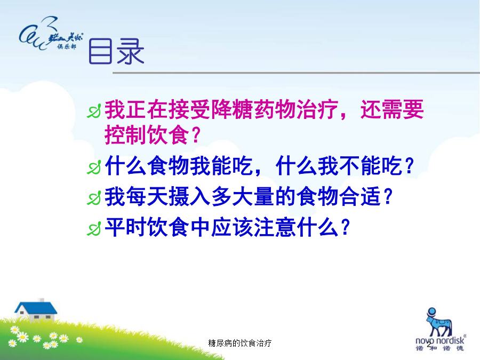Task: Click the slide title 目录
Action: [116, 51]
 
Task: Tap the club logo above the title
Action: [51, 34]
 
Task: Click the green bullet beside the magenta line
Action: [94, 111]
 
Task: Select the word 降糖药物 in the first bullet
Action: [254, 109]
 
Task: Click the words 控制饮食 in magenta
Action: [147, 135]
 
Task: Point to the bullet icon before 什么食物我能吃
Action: [94, 167]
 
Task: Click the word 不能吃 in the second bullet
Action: [360, 166]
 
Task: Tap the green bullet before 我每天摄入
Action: [94, 198]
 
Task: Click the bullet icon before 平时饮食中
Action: [94, 228]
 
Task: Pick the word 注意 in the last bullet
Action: [275, 227]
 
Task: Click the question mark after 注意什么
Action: [346, 227]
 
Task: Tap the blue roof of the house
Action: [36, 308]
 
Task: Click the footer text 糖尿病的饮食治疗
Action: [239, 343]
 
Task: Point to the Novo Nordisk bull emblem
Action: [439, 322]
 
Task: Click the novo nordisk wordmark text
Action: [440, 340]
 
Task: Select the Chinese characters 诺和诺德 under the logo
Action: [440, 348]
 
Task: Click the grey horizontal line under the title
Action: [297, 73]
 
